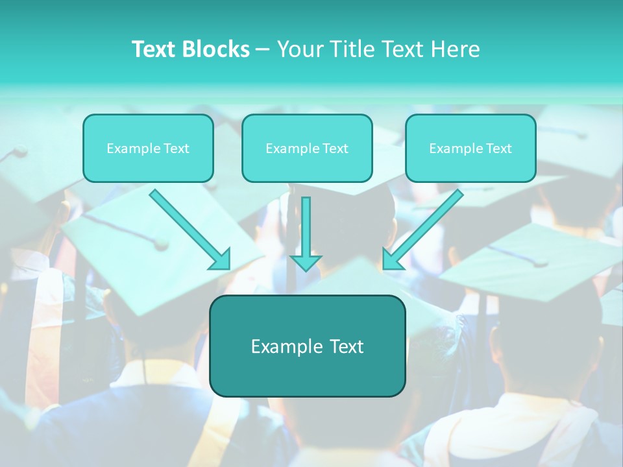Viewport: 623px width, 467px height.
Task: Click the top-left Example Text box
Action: (148, 148)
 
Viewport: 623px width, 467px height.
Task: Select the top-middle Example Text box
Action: (307, 148)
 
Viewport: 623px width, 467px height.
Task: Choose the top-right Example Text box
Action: (470, 148)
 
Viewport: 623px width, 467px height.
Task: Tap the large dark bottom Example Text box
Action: (307, 346)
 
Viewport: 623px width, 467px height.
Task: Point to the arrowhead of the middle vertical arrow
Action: (306, 263)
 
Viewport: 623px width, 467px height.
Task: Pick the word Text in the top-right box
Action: (499, 149)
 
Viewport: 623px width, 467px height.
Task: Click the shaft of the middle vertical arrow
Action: (306, 224)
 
